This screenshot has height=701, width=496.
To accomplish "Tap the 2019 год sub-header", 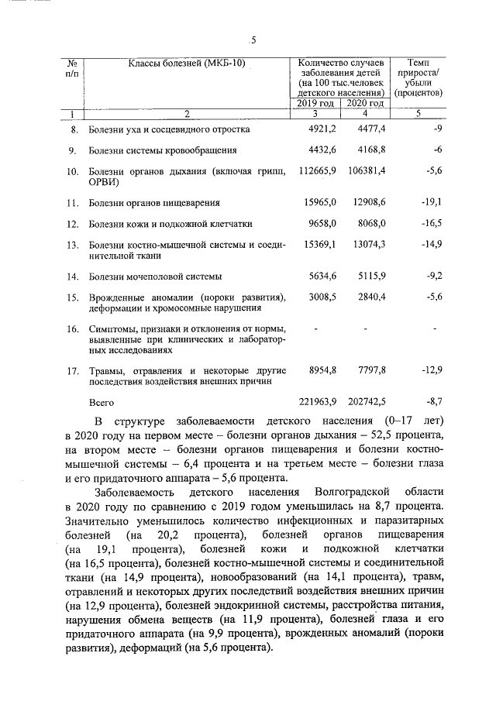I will tap(315, 103).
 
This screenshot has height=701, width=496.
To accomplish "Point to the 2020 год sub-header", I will tap(364, 103).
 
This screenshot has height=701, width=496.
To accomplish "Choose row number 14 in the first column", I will tap(73, 276).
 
